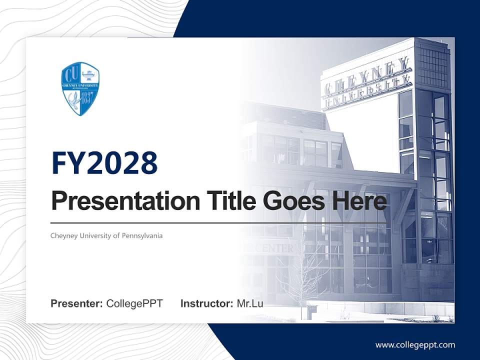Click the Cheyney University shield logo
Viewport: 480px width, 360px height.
(80, 88)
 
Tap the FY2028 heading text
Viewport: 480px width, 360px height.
(104, 163)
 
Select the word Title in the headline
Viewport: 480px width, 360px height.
(227, 201)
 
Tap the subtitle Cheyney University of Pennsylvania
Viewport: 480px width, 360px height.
(106, 235)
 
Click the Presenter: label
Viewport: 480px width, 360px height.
(77, 303)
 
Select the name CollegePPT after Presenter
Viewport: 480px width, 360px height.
(134, 303)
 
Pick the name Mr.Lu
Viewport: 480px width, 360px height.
(250, 303)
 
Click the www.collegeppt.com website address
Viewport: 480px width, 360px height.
(415, 344)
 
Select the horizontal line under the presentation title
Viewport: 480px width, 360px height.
(218, 223)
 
